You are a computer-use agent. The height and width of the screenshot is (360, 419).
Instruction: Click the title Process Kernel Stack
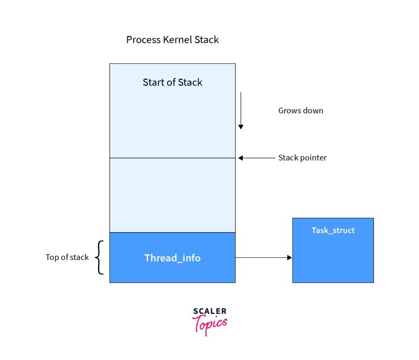173,40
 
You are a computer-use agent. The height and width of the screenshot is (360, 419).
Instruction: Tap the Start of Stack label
173,82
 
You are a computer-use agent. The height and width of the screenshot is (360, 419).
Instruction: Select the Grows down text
300,111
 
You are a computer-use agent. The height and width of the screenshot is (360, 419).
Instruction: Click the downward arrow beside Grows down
241,111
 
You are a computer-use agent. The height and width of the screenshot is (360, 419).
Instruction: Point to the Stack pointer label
302,158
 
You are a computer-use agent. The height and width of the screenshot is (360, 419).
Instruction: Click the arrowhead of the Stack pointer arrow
240,158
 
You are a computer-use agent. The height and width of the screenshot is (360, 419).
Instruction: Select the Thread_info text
173,258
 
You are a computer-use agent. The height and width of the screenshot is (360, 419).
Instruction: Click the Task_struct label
333,231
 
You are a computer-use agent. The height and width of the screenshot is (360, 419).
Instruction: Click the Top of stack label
67,257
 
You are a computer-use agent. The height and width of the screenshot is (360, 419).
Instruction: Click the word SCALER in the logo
210,311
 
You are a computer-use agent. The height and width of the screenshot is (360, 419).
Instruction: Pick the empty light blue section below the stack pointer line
173,195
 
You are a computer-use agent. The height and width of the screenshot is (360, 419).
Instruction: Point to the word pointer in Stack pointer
313,158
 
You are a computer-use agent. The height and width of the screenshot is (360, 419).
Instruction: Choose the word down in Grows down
313,111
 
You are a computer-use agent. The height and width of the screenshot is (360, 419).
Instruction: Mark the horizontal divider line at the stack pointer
173,158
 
